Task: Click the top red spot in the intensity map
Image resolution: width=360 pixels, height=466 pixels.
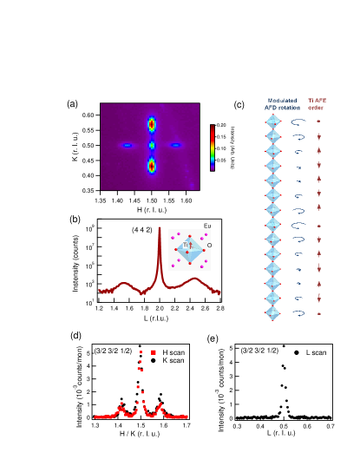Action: click(151, 125)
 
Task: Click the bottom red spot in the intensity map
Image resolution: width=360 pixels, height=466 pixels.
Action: click(151, 165)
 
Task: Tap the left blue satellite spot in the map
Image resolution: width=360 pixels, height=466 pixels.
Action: click(128, 145)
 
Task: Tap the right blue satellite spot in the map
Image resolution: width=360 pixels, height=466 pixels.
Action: click(175, 145)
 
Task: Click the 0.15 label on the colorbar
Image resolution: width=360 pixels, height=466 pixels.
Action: click(220, 137)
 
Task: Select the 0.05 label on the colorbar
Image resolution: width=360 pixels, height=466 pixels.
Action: click(220, 160)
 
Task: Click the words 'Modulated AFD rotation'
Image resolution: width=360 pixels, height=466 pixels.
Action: click(282, 104)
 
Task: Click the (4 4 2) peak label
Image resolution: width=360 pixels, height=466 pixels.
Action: click(142, 229)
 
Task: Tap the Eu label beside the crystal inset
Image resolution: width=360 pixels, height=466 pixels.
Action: click(207, 226)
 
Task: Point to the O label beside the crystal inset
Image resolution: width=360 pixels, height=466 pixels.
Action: click(209, 246)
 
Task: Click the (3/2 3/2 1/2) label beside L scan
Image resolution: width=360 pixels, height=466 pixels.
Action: click(259, 351)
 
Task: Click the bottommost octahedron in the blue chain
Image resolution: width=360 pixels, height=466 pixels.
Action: click(272, 313)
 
